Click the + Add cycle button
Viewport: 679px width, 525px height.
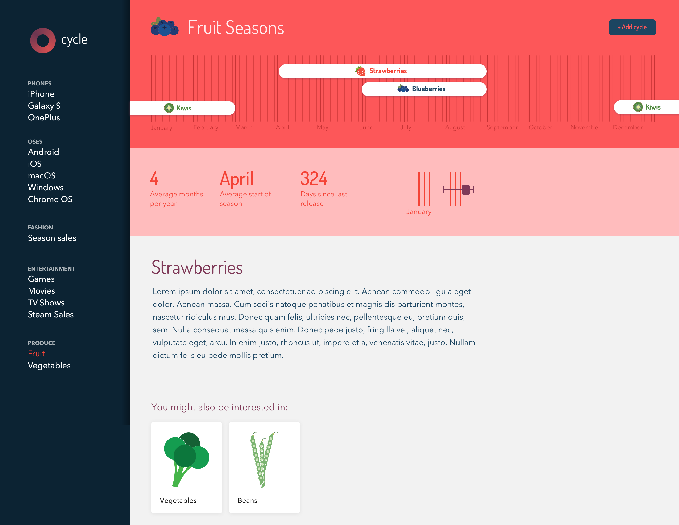click(x=632, y=27)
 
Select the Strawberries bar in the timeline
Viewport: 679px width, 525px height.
click(x=382, y=71)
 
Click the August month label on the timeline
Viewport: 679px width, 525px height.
click(x=455, y=127)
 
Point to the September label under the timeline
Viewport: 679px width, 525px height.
click(x=502, y=127)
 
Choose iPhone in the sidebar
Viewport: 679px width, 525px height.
click(x=41, y=94)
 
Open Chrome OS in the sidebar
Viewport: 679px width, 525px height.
click(x=50, y=199)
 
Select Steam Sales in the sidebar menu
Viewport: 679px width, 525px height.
click(x=51, y=314)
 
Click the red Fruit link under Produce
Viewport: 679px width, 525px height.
click(x=36, y=354)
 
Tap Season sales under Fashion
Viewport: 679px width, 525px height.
click(x=52, y=238)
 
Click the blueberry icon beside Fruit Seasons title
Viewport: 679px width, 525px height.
click(x=165, y=26)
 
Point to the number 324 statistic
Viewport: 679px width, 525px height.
click(x=314, y=179)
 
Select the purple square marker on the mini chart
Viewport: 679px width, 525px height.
click(x=466, y=190)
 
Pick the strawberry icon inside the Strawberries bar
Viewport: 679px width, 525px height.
click(x=360, y=71)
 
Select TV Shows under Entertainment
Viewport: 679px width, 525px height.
click(x=46, y=302)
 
